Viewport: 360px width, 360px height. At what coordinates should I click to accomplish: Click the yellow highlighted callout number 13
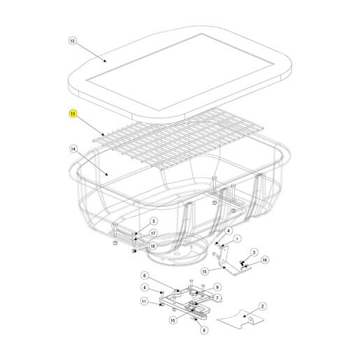tap(73, 114)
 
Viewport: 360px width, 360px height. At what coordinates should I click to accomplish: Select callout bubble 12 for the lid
tap(73, 41)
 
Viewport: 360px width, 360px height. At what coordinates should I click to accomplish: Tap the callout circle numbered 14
tap(73, 149)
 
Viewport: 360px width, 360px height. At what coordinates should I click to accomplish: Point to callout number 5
tap(154, 221)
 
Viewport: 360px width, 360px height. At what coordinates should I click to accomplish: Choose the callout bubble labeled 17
tap(153, 233)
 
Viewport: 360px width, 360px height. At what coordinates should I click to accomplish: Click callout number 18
tap(153, 246)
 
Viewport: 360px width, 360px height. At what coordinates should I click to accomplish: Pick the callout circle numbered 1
tap(237, 239)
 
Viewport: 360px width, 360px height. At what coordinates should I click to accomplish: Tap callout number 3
tap(254, 252)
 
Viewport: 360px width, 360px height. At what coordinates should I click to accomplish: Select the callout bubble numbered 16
tap(265, 260)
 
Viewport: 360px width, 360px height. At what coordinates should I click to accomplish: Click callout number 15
tap(204, 271)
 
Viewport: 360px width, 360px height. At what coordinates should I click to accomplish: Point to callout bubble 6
tap(145, 276)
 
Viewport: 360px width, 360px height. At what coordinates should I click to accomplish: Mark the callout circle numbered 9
tap(217, 287)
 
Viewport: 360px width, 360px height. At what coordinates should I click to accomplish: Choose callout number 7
tap(217, 298)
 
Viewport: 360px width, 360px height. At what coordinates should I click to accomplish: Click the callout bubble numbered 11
tap(144, 301)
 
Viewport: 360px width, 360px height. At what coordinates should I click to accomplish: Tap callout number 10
tap(173, 320)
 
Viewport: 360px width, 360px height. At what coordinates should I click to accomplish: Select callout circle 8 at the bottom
tap(204, 330)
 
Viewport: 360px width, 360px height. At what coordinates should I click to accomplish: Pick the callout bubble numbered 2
tap(263, 306)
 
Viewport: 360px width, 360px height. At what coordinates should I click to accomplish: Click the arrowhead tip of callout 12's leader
tap(106, 62)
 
